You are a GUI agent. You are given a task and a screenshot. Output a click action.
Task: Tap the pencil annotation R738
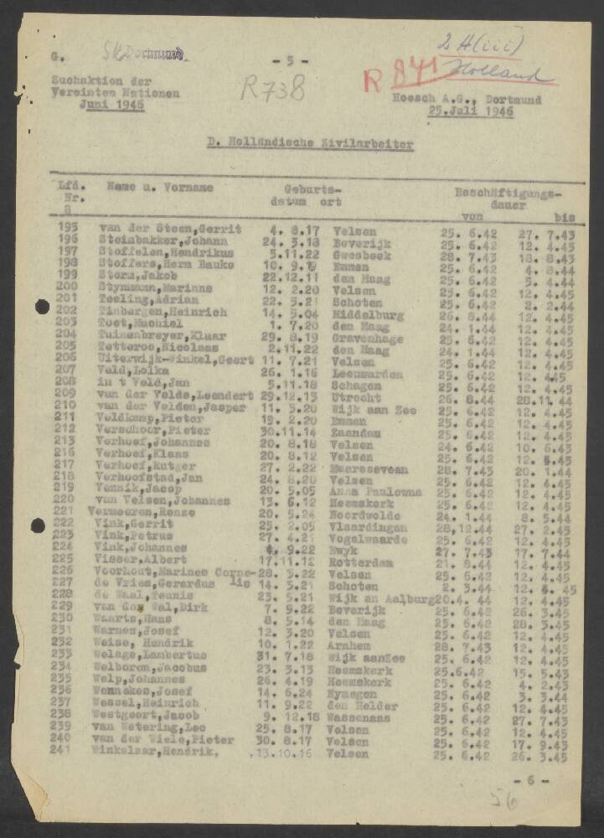tap(272, 86)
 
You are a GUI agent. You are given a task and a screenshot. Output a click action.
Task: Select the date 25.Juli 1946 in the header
tap(470, 111)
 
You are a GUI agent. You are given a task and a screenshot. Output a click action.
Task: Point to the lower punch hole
tap(38, 525)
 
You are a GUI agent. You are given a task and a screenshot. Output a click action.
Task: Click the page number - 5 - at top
tap(291, 60)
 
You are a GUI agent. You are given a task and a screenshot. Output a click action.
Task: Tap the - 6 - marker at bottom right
tap(536, 780)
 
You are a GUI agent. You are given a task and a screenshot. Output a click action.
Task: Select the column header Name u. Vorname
tap(159, 188)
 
